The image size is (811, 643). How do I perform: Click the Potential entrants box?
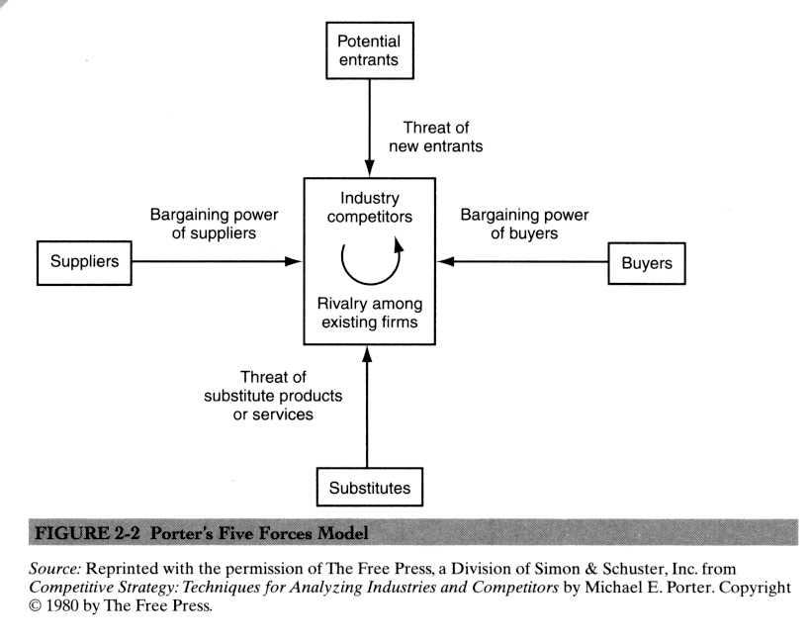pos(367,52)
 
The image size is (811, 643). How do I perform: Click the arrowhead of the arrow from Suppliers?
pos(293,262)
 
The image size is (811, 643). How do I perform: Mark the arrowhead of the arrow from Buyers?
pos(444,262)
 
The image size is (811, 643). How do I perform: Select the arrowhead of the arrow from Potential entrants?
pos(367,170)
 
